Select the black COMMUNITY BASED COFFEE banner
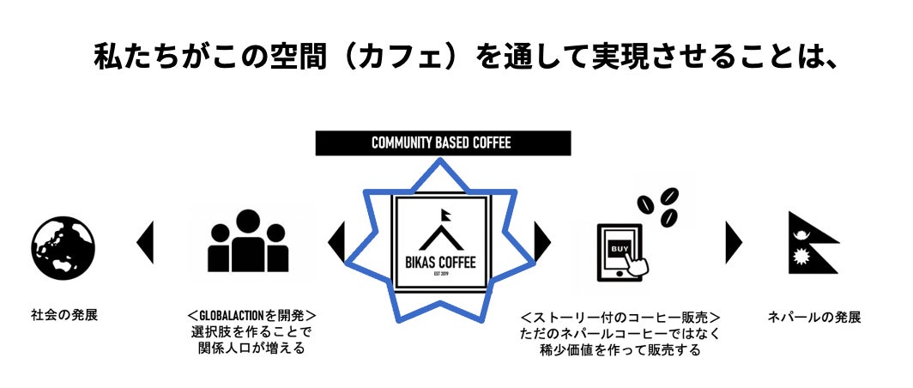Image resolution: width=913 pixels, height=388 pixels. point(442,142)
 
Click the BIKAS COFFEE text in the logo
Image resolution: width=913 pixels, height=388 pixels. point(441,260)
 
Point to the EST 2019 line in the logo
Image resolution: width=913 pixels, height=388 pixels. point(441,276)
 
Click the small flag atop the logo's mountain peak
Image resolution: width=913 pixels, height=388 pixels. point(447,214)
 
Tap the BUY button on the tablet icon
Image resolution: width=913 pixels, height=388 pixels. point(620,248)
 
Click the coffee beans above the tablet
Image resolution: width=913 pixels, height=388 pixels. point(659,206)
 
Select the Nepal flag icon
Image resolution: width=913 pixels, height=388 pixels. point(811,243)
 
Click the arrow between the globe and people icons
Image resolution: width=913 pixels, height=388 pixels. point(146,243)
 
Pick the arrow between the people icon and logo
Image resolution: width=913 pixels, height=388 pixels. point(337,243)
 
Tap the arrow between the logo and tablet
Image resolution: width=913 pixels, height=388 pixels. point(542,243)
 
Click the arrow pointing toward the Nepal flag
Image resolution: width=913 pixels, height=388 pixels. point(734,243)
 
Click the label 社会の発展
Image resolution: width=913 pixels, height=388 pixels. point(64,315)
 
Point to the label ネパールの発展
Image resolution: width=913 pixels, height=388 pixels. point(813,318)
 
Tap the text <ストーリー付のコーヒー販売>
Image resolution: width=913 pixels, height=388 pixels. point(620,317)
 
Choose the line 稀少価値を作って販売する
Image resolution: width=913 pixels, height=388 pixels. point(620,349)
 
